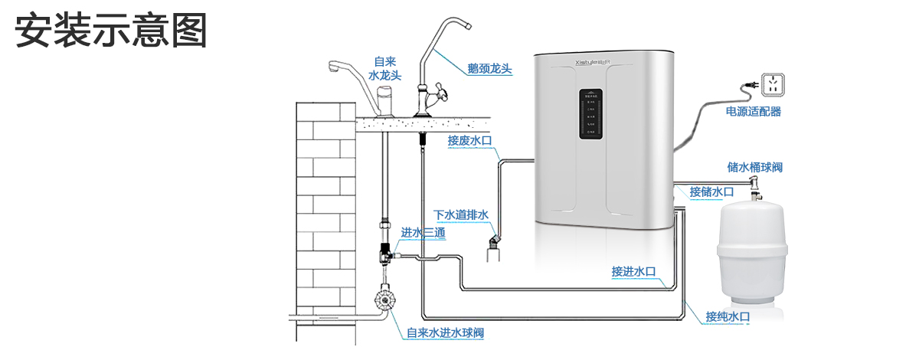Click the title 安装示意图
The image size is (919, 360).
click(x=112, y=31)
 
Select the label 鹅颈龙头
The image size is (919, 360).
click(x=489, y=69)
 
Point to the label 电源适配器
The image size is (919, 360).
click(x=754, y=112)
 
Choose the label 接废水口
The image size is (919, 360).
click(x=469, y=140)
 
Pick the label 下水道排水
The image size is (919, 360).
click(x=461, y=215)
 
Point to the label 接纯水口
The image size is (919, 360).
click(x=728, y=317)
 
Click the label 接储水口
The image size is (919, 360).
click(x=711, y=191)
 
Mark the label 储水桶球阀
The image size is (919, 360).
click(x=754, y=167)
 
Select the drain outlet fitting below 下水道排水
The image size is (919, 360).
click(x=492, y=249)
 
